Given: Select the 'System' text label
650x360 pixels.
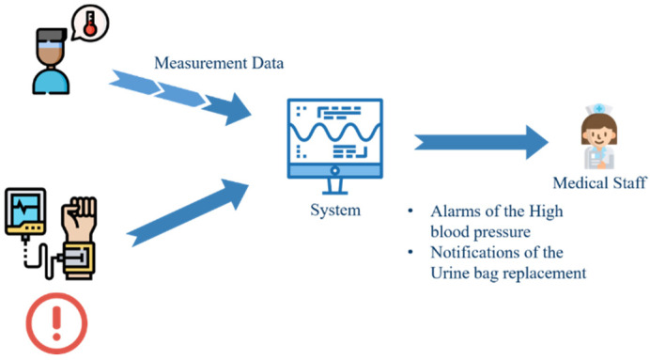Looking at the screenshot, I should (x=335, y=210).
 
